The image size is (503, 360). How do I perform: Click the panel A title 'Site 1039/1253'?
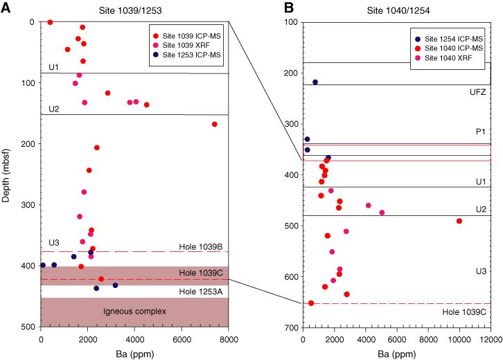(130, 10)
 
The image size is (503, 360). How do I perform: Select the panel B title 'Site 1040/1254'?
(398, 10)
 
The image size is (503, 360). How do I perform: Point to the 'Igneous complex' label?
(134, 312)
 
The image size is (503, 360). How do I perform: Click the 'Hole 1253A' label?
(200, 291)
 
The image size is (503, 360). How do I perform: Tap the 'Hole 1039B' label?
(200, 246)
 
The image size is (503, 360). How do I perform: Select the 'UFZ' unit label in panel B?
(477, 92)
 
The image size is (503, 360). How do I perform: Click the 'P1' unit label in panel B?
(480, 132)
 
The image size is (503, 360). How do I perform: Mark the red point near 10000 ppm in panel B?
(459, 221)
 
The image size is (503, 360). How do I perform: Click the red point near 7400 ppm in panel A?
(215, 124)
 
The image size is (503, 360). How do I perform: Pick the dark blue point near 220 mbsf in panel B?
(315, 82)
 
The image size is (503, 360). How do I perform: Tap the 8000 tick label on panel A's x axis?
(229, 339)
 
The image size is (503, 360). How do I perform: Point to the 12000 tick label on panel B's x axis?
(491, 339)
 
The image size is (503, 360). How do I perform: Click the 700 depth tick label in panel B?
(291, 327)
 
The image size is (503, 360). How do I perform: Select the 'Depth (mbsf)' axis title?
(6, 175)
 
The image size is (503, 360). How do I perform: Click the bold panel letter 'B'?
(289, 8)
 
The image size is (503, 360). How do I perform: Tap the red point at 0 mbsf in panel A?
(50, 22)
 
